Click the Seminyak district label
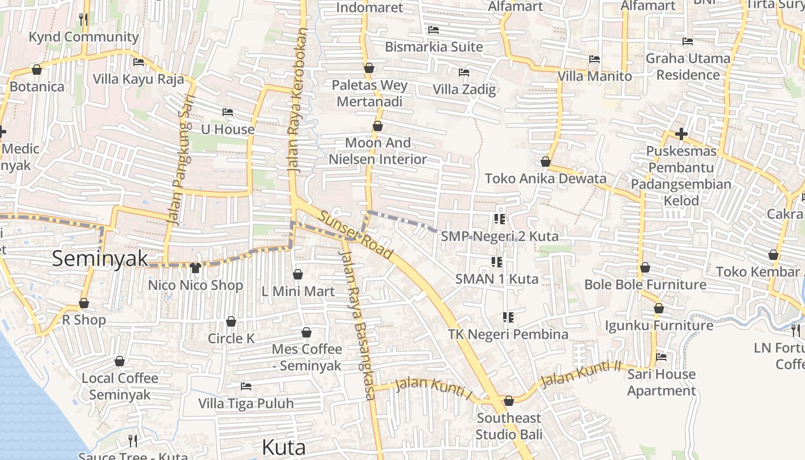tap(100, 259)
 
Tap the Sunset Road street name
tap(356, 235)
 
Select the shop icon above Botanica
tap(37, 70)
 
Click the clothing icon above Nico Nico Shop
tap(195, 267)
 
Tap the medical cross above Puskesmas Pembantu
tap(681, 135)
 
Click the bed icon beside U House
tap(228, 112)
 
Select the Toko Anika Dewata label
tap(545, 178)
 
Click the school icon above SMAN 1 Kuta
tap(497, 262)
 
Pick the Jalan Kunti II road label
tap(582, 373)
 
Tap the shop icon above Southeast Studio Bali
tap(508, 401)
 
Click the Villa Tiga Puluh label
tap(246, 403)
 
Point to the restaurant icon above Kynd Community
tap(84, 20)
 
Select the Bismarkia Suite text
tap(434, 47)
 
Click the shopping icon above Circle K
tap(231, 321)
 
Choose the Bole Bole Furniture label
tap(645, 285)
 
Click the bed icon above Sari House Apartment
tap(661, 357)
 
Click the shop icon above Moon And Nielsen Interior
tap(378, 126)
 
